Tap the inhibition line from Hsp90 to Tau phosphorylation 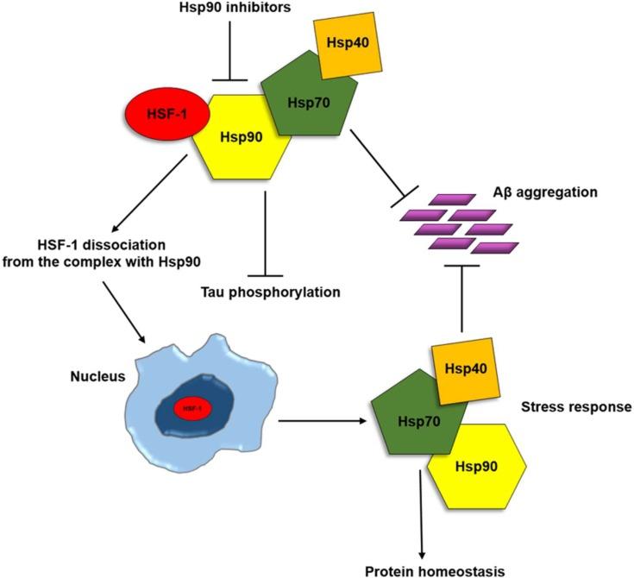coord(265,229)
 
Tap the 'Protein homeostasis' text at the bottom coord(424,570)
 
